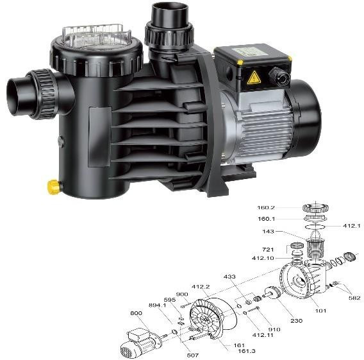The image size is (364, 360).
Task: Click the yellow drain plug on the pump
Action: tap(53, 187)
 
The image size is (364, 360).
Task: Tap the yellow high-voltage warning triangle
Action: tap(254, 78)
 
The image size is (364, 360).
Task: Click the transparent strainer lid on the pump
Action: tap(96, 37)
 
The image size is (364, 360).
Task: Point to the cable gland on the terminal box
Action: tap(279, 75)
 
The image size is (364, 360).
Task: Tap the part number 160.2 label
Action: tap(266, 207)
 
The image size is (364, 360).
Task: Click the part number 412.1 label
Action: tap(352, 225)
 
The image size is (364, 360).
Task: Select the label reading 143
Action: tap(268, 231)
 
